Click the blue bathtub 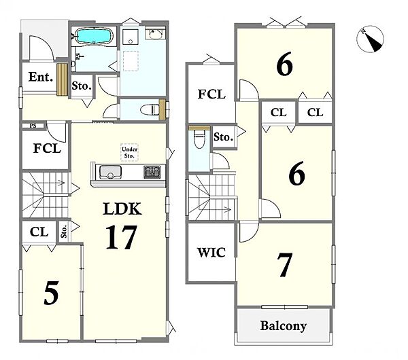94,37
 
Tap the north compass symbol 370,39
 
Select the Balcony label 284,326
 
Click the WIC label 211,253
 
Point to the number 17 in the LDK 121,237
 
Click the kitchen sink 110,173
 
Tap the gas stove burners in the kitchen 152,172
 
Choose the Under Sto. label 129,153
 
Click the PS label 33,126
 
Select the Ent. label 41,77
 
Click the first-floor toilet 150,109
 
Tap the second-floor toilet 199,139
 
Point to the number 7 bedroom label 284,265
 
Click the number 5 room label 51,293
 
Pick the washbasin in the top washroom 155,34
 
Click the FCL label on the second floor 211,94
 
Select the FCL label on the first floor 47,149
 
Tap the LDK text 122,209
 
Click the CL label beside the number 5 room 39,232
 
